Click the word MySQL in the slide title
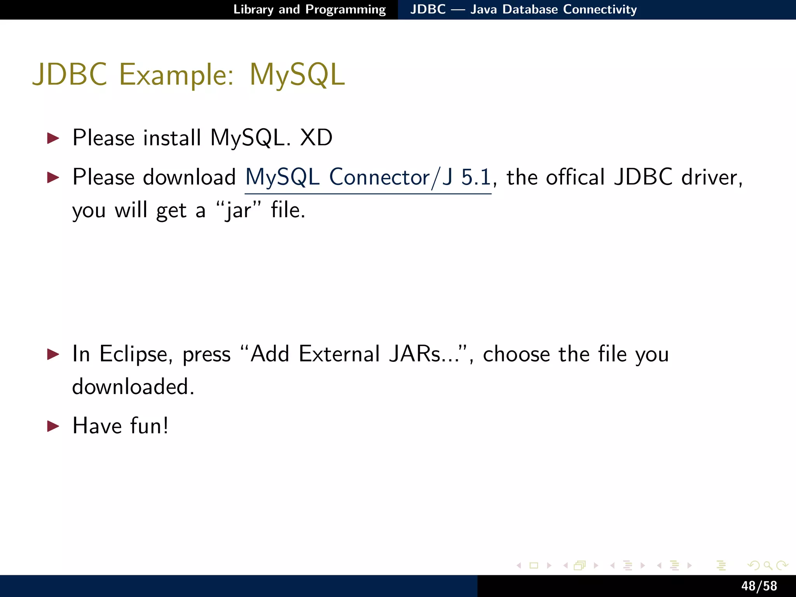[297, 75]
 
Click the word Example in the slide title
[176, 75]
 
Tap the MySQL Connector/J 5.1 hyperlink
[368, 178]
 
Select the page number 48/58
[759, 586]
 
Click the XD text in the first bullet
[316, 138]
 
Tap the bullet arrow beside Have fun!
[53, 426]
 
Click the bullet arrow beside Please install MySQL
[53, 138]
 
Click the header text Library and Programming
[309, 9]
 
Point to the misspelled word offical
[575, 178]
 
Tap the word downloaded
[133, 387]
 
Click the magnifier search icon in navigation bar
[768, 566]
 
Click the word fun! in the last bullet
[149, 426]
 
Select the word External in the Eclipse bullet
[339, 354]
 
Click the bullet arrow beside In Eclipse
[53, 354]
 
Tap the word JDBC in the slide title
[70, 75]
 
